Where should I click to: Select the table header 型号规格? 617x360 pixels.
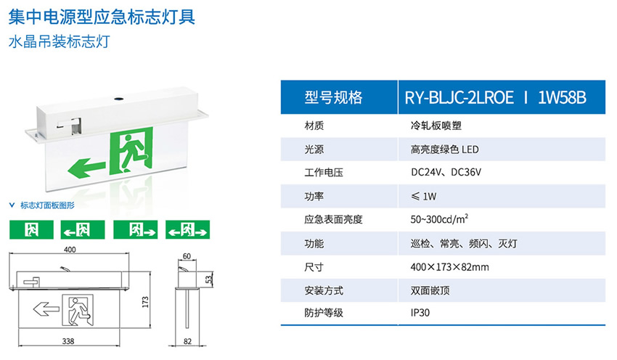[x=333, y=97]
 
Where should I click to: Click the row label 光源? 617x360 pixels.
[x=314, y=149]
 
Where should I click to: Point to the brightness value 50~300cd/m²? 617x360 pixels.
[x=439, y=219]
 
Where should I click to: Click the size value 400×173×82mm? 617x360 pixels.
[x=449, y=267]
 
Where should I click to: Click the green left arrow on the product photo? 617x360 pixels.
[x=85, y=170]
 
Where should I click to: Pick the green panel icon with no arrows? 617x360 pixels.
[x=32, y=230]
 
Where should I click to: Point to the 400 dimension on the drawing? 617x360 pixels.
[x=70, y=250]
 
